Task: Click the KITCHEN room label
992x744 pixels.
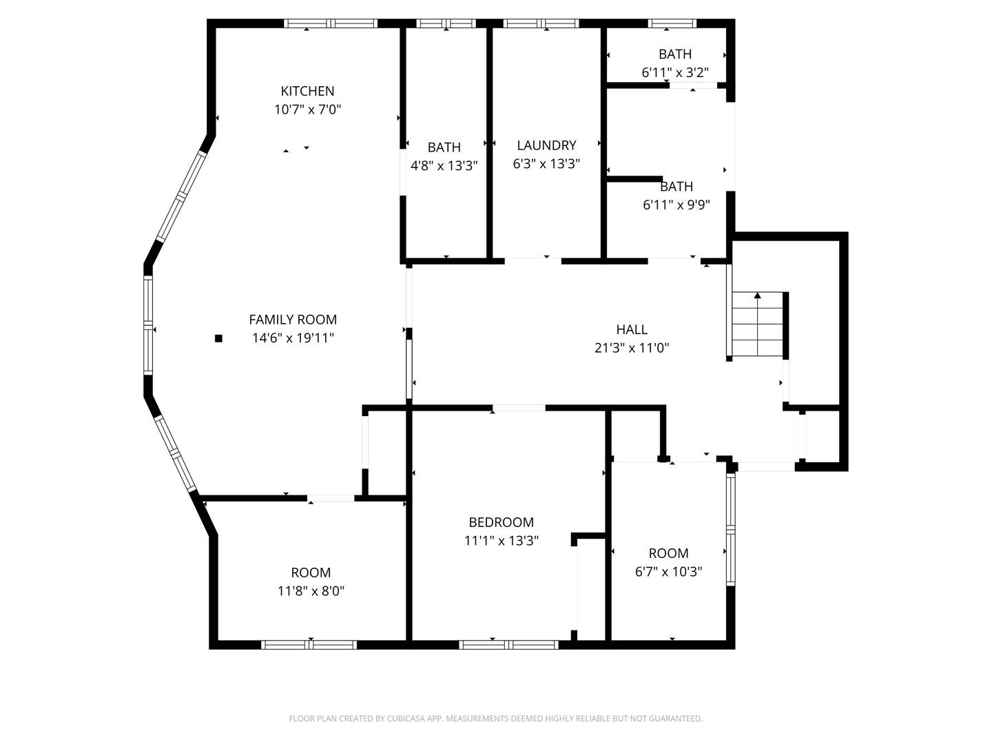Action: [x=307, y=91]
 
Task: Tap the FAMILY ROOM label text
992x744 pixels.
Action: [x=293, y=320]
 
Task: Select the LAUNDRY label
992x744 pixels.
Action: [x=546, y=145]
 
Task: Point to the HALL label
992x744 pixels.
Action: [x=632, y=330]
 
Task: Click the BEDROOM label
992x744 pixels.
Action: [x=501, y=522]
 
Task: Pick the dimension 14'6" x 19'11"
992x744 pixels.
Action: [x=293, y=338]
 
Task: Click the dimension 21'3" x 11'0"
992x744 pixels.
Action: [x=632, y=348]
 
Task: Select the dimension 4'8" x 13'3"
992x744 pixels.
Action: [x=444, y=165]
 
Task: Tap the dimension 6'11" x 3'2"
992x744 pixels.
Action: [x=674, y=72]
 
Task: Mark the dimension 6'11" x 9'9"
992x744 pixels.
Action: [x=676, y=205]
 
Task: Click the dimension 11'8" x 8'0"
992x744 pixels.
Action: [x=311, y=591]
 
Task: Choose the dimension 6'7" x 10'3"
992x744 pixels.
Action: [x=668, y=572]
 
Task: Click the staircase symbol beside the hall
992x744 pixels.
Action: [x=757, y=324]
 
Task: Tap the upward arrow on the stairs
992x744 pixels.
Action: [x=757, y=296]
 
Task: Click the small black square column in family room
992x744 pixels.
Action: [x=219, y=338]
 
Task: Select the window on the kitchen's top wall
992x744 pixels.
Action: [x=331, y=23]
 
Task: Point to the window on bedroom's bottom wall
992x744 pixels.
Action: [x=508, y=645]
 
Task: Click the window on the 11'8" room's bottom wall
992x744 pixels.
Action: [x=309, y=645]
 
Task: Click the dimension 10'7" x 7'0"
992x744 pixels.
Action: [x=307, y=110]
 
